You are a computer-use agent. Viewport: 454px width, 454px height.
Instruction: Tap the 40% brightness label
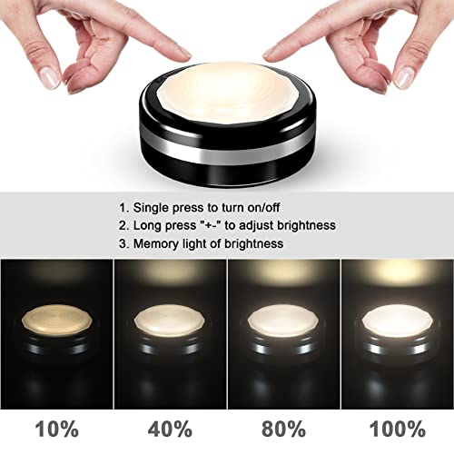tap(169, 429)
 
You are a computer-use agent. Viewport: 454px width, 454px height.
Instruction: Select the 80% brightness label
tap(282, 429)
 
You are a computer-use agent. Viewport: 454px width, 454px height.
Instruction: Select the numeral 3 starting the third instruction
tap(122, 243)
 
